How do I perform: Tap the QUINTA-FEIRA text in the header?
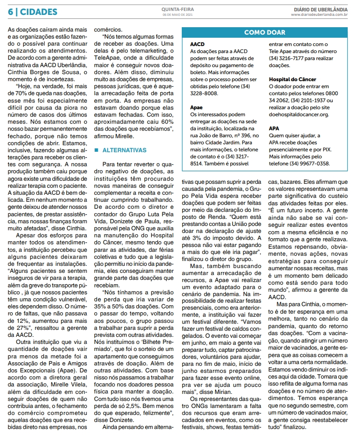coord(177,9)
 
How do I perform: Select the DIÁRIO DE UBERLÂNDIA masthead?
coord(321,9)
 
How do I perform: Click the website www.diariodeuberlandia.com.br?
coord(319,15)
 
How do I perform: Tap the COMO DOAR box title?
coord(265,32)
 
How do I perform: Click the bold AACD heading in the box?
coord(198,44)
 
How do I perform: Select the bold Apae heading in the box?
coord(197,107)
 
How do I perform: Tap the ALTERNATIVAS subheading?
coord(124,150)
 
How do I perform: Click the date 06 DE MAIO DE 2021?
coord(177,15)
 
